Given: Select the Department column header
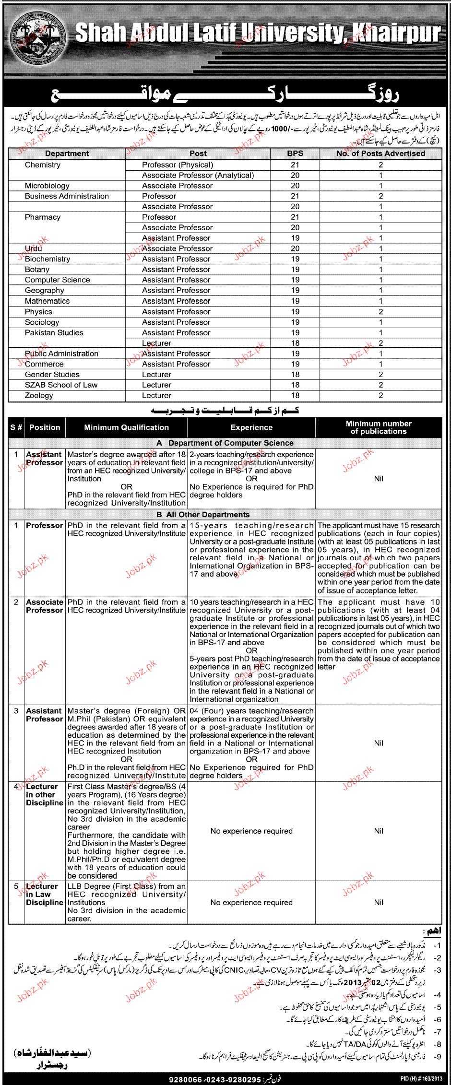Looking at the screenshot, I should pos(67,153).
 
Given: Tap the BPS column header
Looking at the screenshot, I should pos(295,153).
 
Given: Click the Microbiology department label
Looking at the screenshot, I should pos(47,186).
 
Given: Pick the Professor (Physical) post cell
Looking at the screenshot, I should pos(178,165).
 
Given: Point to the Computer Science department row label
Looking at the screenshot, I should pos(57,280).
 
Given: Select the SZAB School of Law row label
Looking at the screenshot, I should pos(61,385).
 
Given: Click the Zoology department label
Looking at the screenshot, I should pos(39,395).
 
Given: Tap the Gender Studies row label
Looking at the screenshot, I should pos(52,374).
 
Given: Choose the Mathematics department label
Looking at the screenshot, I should pos(47,301).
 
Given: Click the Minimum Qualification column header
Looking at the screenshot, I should pos(126,427).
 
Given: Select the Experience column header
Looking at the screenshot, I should pos(251,427).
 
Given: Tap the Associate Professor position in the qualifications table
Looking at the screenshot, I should pos(45,606).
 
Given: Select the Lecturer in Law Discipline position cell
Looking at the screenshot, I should pos(45,895).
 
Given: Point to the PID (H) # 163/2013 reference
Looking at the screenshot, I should pos(421,1079).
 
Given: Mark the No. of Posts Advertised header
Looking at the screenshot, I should pos(380,153).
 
